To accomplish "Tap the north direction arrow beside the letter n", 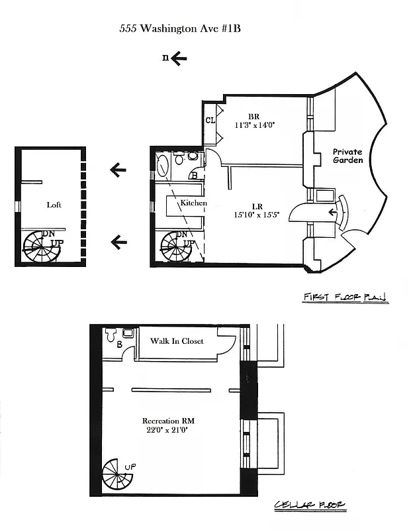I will pyautogui.click(x=179, y=58).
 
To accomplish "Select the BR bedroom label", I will pyautogui.click(x=253, y=114).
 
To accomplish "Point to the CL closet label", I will pyautogui.click(x=210, y=120).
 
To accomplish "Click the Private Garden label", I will pyautogui.click(x=347, y=156).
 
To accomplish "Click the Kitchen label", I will pyautogui.click(x=194, y=203).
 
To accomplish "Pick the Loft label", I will pyautogui.click(x=54, y=205).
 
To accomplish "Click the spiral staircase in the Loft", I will pyautogui.click(x=41, y=246).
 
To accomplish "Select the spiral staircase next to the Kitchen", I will pyautogui.click(x=178, y=247).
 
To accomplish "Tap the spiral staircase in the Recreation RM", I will pyautogui.click(x=118, y=476).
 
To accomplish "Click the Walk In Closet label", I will pyautogui.click(x=177, y=341).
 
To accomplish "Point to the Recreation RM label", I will pyautogui.click(x=168, y=421).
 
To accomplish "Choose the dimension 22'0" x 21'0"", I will pyautogui.click(x=168, y=431).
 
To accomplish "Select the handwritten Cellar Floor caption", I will pyautogui.click(x=310, y=507).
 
